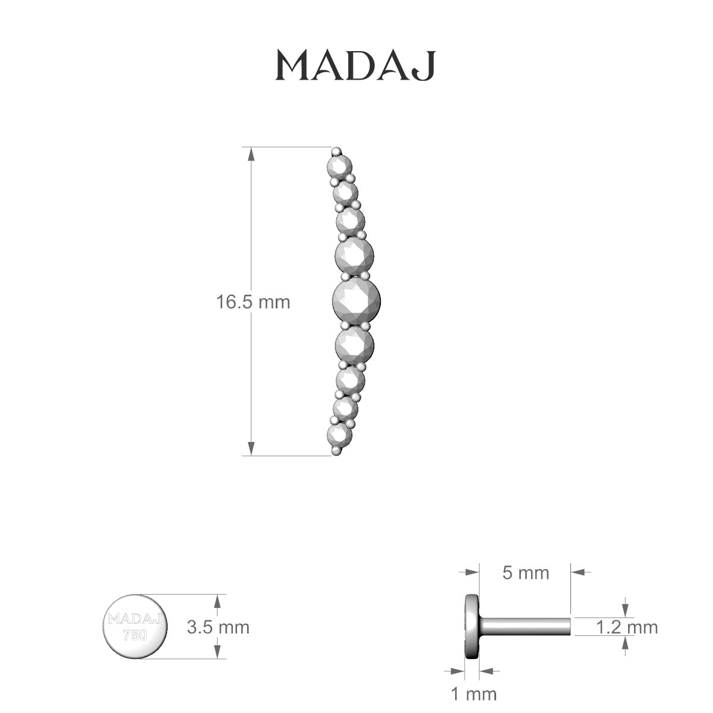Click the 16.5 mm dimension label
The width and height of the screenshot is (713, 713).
(x=253, y=302)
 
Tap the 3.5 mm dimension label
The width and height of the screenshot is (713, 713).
(x=218, y=627)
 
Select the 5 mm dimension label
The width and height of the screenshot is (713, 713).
(x=526, y=573)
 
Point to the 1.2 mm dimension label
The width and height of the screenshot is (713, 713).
(x=627, y=627)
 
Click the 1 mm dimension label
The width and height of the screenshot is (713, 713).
(x=473, y=693)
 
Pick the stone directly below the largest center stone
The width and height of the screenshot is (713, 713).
(x=354, y=343)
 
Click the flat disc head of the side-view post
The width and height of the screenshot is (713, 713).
(x=472, y=626)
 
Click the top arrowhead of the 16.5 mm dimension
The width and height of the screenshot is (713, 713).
(x=251, y=154)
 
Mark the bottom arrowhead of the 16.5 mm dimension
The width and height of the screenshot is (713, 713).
(x=251, y=449)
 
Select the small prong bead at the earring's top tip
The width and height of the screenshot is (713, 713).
(x=337, y=150)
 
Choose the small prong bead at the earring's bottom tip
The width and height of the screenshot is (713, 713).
(x=337, y=452)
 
